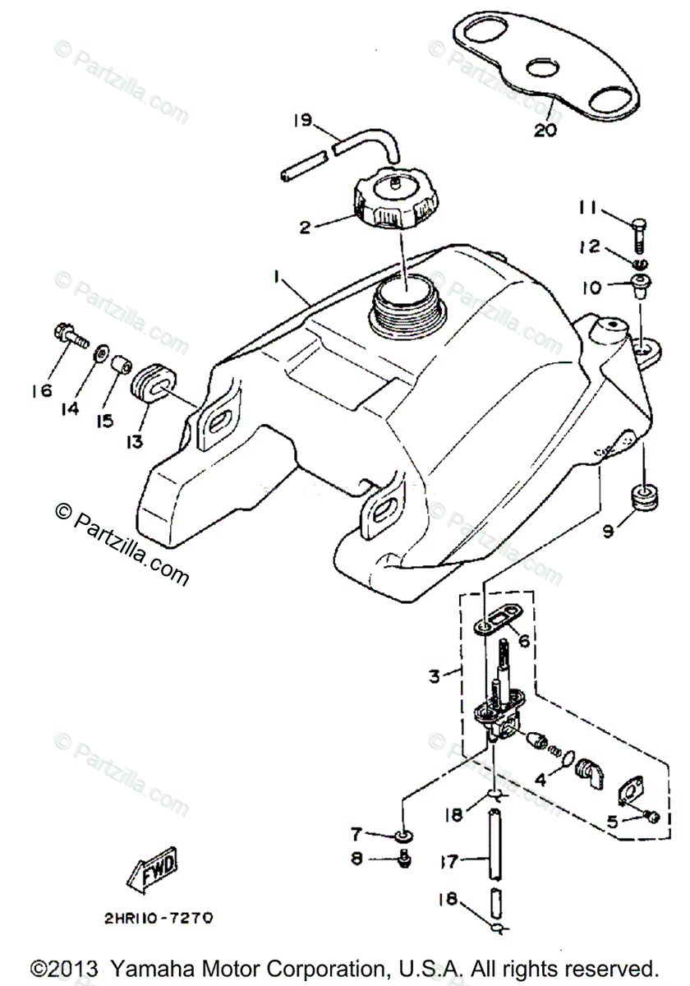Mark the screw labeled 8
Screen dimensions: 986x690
(403, 859)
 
